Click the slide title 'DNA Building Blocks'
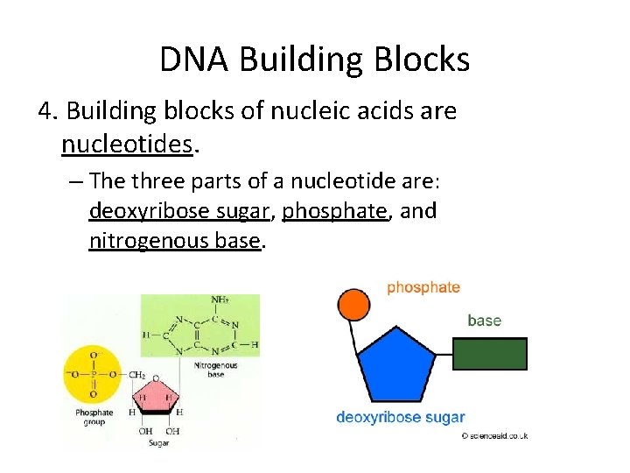tap(315, 60)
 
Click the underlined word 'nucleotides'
tap(126, 143)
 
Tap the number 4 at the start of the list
tap(45, 111)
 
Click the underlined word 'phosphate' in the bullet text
tap(335, 211)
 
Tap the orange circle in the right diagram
tap(353, 304)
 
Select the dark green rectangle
tap(491, 353)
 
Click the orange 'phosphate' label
tap(423, 287)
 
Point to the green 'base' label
tap(484, 321)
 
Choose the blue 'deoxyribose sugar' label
tap(401, 418)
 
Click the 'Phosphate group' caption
tap(94, 417)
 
